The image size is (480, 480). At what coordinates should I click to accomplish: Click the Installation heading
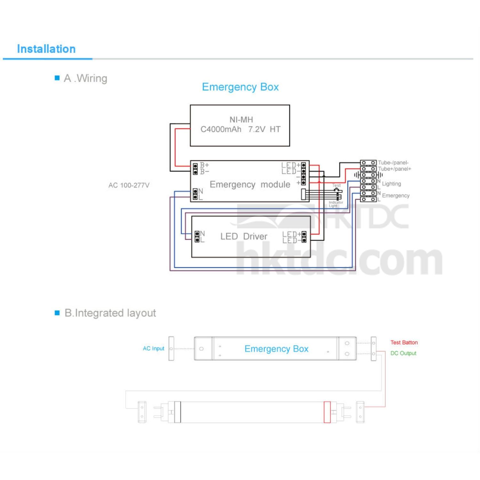pyautogui.click(x=46, y=49)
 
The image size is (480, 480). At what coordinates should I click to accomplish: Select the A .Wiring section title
pyautogui.click(x=85, y=78)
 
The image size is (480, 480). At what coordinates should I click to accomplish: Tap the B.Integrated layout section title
pyautogui.click(x=110, y=313)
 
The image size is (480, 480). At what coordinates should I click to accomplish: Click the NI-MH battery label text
pyautogui.click(x=241, y=120)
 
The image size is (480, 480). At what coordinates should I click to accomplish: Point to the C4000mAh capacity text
pyautogui.click(x=221, y=129)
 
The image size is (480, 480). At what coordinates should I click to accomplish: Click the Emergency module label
pyautogui.click(x=250, y=184)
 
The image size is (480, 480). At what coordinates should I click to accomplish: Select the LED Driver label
pyautogui.click(x=244, y=236)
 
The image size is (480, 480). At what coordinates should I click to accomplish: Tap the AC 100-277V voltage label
pyautogui.click(x=129, y=185)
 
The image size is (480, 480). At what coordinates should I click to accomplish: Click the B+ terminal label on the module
pyautogui.click(x=204, y=165)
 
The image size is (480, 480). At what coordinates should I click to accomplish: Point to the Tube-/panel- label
pyautogui.click(x=393, y=163)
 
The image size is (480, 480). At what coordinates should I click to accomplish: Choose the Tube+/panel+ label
pyautogui.click(x=394, y=169)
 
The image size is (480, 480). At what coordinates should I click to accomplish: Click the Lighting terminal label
pyautogui.click(x=391, y=184)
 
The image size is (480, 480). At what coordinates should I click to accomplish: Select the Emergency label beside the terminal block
pyautogui.click(x=396, y=196)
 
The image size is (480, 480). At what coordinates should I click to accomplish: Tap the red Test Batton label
pyautogui.click(x=404, y=342)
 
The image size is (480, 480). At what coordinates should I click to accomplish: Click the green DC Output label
pyautogui.click(x=403, y=353)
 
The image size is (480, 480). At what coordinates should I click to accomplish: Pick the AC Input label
pyautogui.click(x=153, y=348)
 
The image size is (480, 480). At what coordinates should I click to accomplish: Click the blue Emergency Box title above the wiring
pyautogui.click(x=240, y=87)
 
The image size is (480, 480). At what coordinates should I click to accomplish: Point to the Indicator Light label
pyautogui.click(x=336, y=204)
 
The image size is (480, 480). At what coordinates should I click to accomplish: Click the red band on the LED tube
pyautogui.click(x=327, y=412)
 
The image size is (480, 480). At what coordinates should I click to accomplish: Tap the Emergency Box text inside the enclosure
pyautogui.click(x=276, y=349)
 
